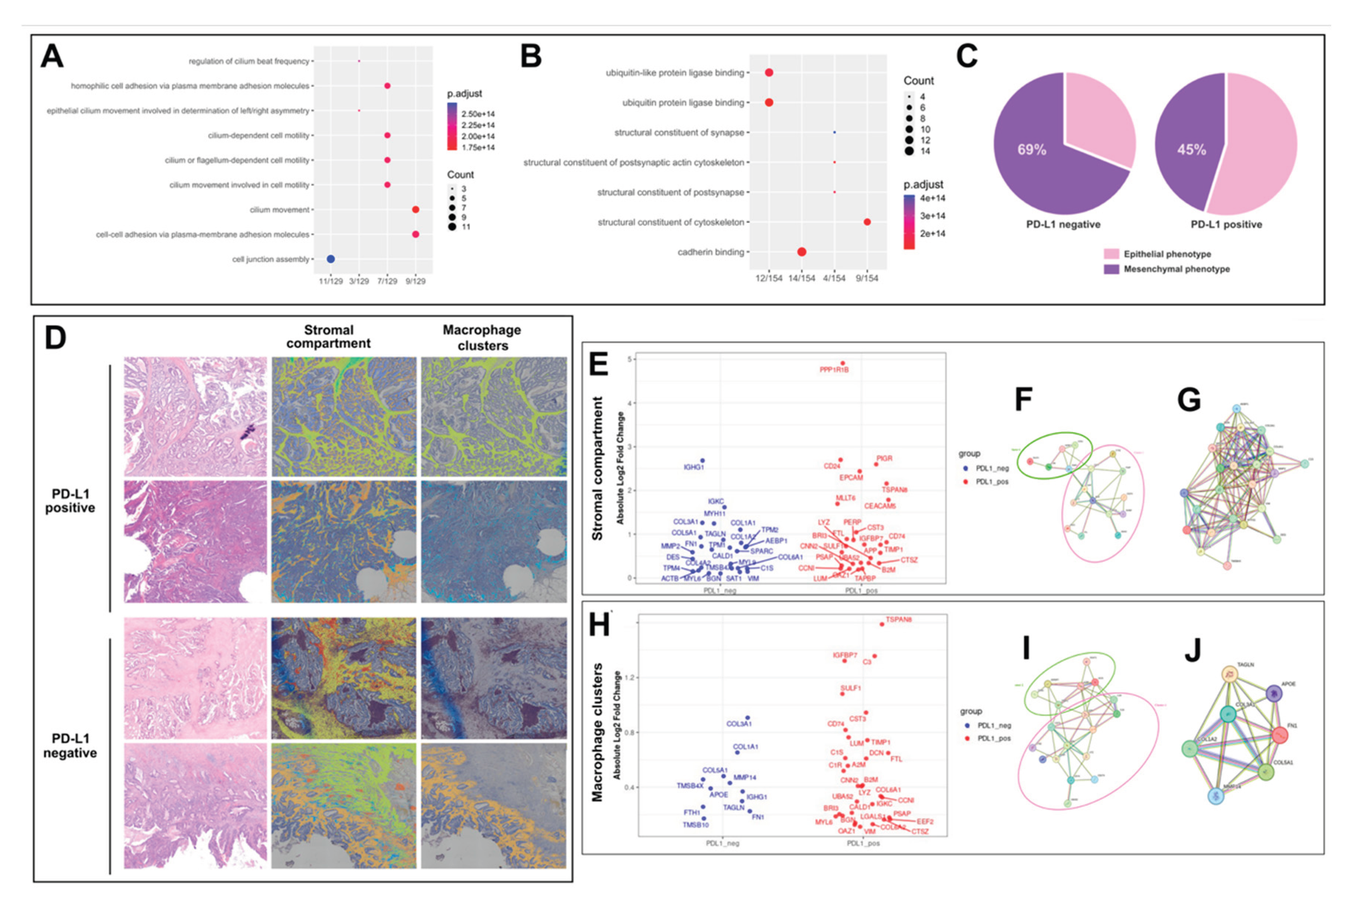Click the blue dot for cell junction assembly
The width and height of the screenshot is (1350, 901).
coord(331,259)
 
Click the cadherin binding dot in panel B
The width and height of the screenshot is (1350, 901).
coord(802,252)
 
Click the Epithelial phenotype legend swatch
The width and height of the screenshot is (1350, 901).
coord(1111,254)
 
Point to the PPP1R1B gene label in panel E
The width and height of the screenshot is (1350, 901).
coord(834,370)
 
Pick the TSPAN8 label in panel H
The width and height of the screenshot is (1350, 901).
coord(899,620)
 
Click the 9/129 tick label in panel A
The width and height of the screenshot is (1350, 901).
coord(415,281)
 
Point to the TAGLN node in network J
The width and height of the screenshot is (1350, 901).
coord(1229,674)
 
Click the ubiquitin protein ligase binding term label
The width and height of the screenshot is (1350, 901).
coord(683,103)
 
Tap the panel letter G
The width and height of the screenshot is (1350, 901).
coord(1189,400)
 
